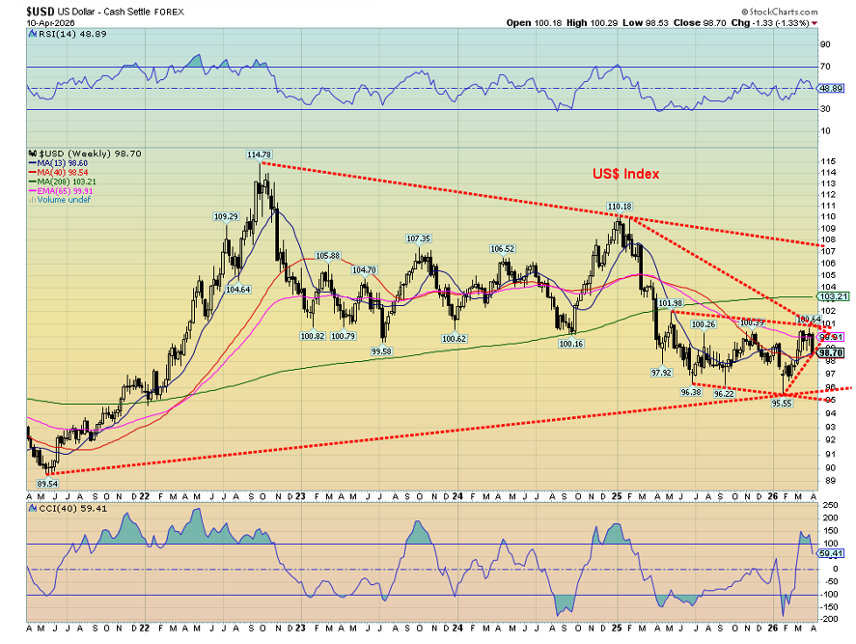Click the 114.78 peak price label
point(259,154)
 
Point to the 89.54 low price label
point(49,482)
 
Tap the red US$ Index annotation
point(625,174)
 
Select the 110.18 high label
point(619,207)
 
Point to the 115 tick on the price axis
point(827,161)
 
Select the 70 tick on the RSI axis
point(826,67)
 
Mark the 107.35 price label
point(418,238)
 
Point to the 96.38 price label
point(689,392)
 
